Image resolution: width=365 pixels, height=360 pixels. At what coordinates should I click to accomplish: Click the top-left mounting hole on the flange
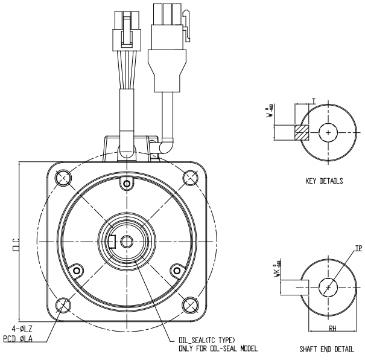coord(63,177)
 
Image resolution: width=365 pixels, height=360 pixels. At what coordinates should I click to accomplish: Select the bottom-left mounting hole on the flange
coord(63,305)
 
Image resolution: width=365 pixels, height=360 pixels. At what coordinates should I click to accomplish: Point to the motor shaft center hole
coord(127,242)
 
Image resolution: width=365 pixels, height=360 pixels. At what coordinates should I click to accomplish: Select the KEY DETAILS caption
coord(325,180)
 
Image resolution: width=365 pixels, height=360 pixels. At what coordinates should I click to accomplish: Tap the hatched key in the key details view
coord(299,132)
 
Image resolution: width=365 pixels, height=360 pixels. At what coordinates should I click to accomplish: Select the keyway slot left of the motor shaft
coord(112,242)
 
